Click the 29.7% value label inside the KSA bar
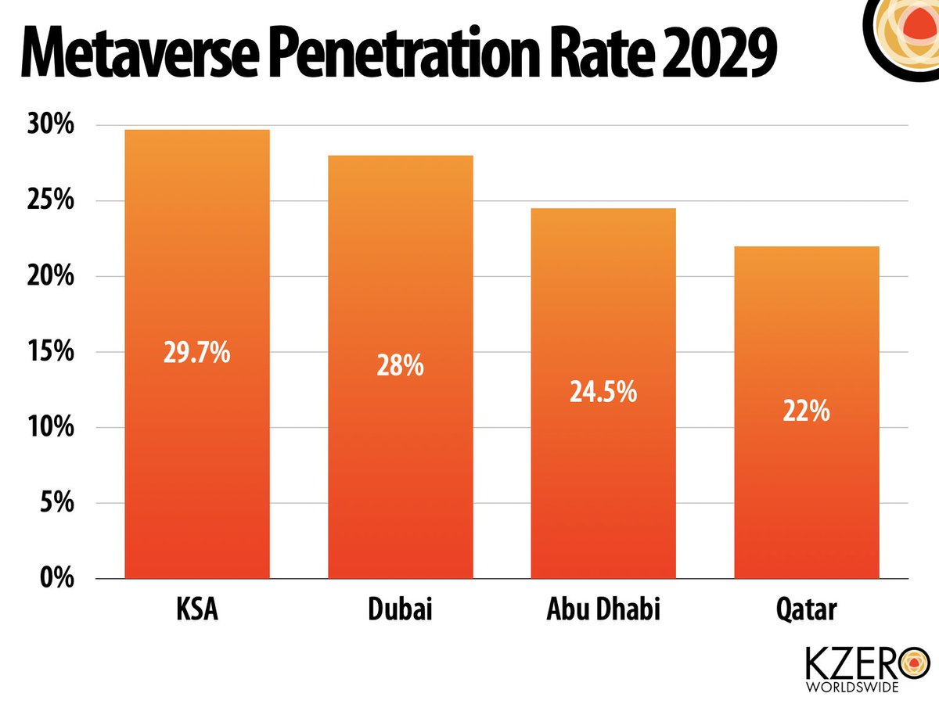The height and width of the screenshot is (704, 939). point(197,353)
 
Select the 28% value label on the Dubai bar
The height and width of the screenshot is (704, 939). point(400,365)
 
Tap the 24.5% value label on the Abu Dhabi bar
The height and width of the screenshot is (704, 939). point(603,391)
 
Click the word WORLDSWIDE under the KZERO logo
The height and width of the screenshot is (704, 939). point(852,688)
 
